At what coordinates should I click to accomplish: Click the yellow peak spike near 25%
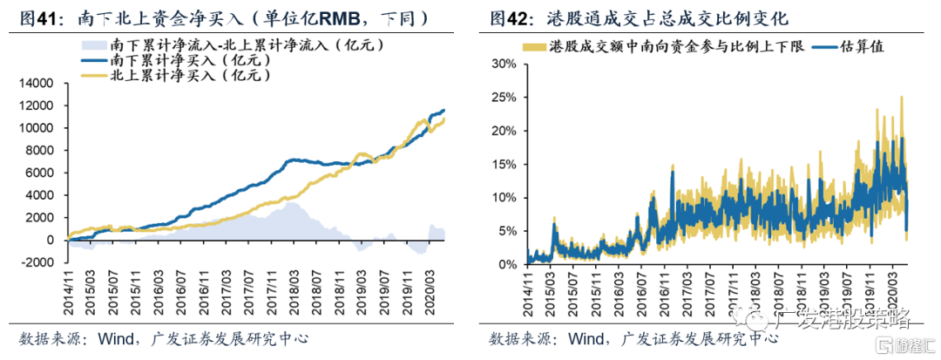(x=901, y=98)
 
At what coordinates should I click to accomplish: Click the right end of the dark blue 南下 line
(x=444, y=111)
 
